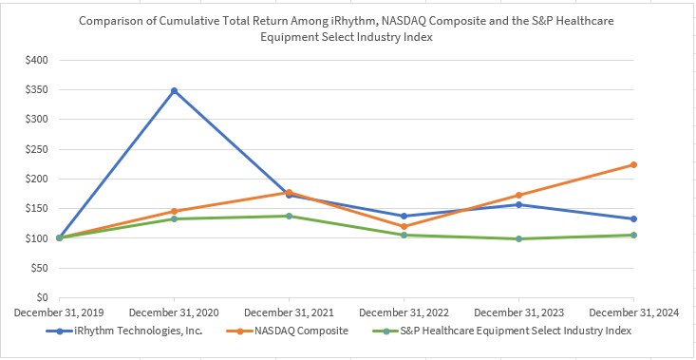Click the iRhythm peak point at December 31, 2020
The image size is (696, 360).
point(174,90)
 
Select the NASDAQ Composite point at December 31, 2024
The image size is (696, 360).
point(633,164)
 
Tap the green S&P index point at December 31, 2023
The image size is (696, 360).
point(518,238)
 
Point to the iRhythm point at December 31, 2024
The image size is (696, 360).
point(633,218)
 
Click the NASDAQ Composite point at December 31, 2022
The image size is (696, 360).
point(404,226)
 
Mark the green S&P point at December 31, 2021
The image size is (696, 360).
point(289,216)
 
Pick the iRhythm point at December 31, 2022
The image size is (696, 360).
point(404,216)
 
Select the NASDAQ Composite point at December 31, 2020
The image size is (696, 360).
point(174,211)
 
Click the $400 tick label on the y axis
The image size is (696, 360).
point(36,60)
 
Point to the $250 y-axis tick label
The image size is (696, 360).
point(36,149)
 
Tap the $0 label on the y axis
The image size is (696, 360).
point(41,297)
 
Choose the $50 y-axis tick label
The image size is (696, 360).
point(38,268)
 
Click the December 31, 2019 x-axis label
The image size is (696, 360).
point(59,313)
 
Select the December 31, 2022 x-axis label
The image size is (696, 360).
point(404,313)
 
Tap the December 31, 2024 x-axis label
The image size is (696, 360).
point(633,313)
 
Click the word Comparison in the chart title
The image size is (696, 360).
point(113,19)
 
